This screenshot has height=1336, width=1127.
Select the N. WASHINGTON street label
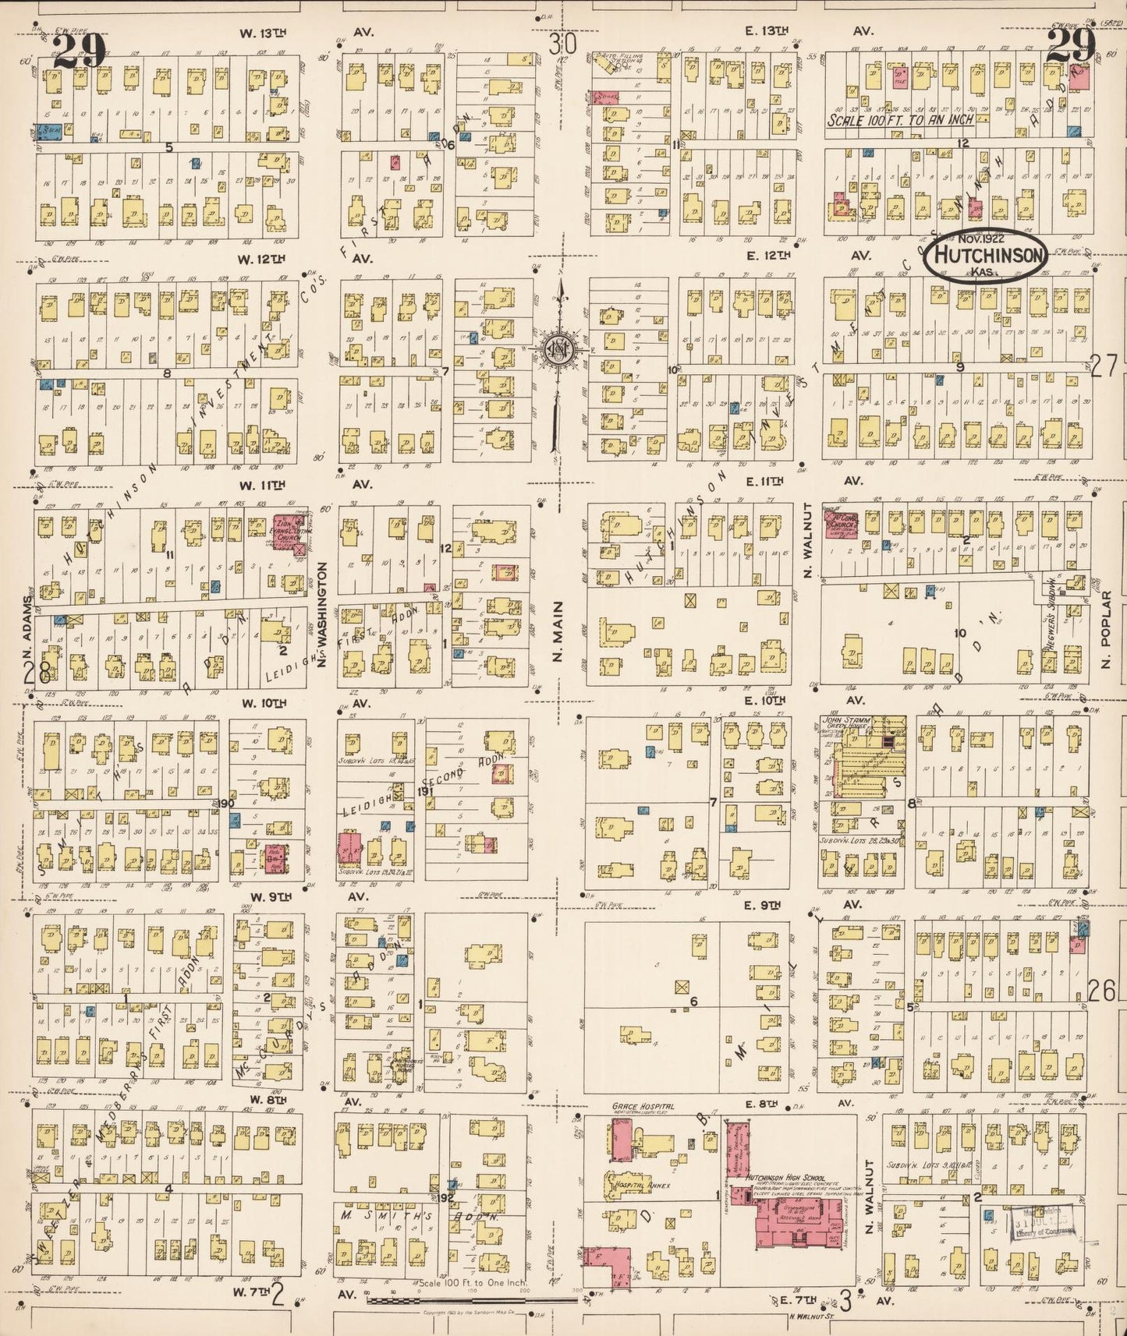(321, 616)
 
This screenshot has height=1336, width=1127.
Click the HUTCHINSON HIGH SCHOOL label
(785, 1177)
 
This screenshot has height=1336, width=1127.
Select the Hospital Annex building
(632, 1186)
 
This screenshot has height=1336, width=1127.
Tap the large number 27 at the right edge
(1104, 366)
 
